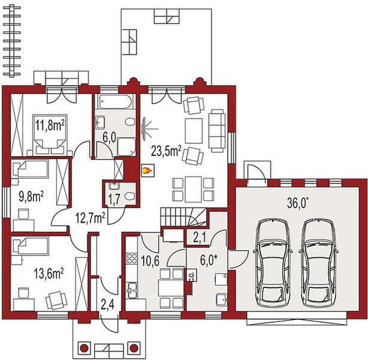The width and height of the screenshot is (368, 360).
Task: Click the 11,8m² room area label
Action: tap(49, 125)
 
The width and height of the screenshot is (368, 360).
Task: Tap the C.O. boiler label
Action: tap(190, 277)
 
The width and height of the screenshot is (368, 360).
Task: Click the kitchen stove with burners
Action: tap(131, 260)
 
